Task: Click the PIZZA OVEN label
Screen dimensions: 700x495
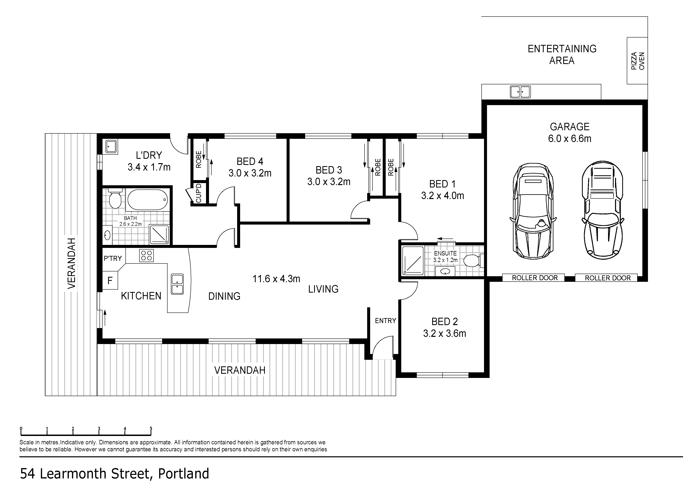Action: pyautogui.click(x=638, y=61)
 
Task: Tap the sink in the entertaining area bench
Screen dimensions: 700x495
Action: pyautogui.click(x=521, y=92)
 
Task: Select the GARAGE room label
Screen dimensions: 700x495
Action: pyautogui.click(x=570, y=126)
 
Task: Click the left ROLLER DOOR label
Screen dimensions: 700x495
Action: pyautogui.click(x=535, y=278)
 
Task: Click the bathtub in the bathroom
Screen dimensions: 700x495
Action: pyautogui.click(x=148, y=200)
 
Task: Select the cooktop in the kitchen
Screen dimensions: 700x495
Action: pyautogui.click(x=146, y=255)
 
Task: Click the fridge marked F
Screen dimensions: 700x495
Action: pyautogui.click(x=110, y=280)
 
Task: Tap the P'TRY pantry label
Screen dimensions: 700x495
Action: pyautogui.click(x=113, y=258)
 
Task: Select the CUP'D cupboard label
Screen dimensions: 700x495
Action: pyautogui.click(x=198, y=193)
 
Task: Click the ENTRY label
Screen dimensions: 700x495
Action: pyautogui.click(x=385, y=321)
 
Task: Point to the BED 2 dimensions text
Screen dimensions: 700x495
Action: pyautogui.click(x=445, y=333)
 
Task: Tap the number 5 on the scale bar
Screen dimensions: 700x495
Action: pyautogui.click(x=151, y=428)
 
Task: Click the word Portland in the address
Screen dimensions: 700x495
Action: pyautogui.click(x=183, y=474)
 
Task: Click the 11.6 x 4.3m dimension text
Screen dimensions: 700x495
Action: pyautogui.click(x=276, y=279)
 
